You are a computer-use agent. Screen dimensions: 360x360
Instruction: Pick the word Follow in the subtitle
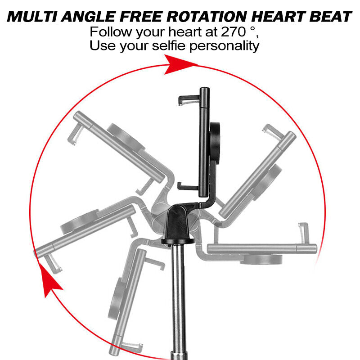[108, 32]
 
